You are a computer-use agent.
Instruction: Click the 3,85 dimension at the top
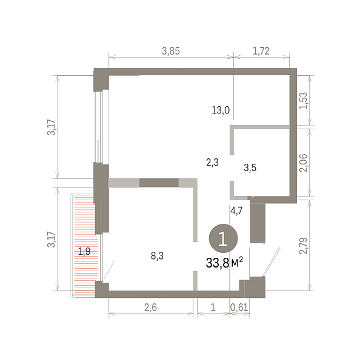pos(171,51)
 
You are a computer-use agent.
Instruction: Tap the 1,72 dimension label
pos(261,51)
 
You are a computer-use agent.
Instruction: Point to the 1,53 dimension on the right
pos(304,101)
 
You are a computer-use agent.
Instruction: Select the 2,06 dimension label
pos(304,163)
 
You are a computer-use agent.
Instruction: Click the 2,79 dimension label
pos(304,246)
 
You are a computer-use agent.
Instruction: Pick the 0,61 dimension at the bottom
pos(239,308)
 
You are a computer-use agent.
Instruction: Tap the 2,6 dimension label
pos(150,308)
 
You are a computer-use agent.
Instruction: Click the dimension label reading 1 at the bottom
pos(213,308)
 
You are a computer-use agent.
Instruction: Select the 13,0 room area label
pos(221,110)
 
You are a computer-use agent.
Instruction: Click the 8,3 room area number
pos(157,256)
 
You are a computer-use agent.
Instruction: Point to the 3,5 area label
pos(250,167)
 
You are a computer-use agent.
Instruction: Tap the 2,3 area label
pos(212,162)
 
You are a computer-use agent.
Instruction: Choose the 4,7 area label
pos(236,211)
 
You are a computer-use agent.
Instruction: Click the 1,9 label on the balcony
pos(84,251)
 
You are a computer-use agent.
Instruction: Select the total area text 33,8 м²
pos(224,263)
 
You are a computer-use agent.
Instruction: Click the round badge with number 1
pos(223,238)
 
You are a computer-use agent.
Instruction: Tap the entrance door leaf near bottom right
pos(272,261)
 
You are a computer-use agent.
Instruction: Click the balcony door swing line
pos(109,271)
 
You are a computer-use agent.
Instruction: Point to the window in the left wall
pos(99,126)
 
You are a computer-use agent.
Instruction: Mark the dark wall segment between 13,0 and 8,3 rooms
pos(159,183)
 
